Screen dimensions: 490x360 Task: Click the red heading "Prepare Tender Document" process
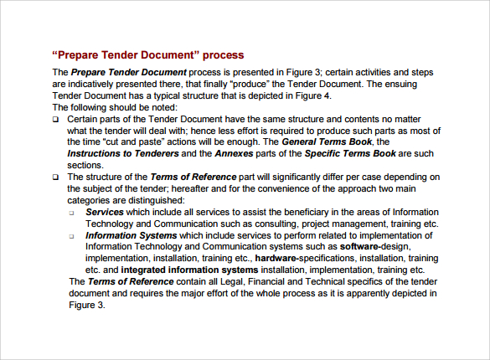point(148,55)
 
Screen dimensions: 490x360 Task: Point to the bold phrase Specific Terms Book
point(344,154)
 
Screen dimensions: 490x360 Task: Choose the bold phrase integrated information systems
point(188,271)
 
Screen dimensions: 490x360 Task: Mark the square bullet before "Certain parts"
point(56,120)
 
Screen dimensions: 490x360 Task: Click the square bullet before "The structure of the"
point(56,177)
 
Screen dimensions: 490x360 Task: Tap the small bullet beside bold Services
point(73,213)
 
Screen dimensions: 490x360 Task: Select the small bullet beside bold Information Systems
point(73,237)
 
